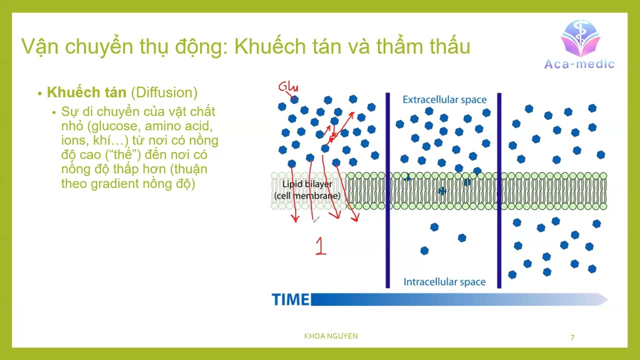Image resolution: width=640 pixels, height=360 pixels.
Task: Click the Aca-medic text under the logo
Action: click(x=579, y=64)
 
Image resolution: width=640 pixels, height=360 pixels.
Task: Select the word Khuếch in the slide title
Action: click(x=265, y=46)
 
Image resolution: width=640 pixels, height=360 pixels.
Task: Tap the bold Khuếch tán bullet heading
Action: click(x=86, y=92)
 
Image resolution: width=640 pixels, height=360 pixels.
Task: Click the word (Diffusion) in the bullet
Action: click(x=164, y=92)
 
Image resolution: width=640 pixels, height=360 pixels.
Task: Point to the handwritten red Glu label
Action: click(x=288, y=87)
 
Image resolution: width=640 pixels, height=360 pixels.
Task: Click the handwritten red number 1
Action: click(x=320, y=246)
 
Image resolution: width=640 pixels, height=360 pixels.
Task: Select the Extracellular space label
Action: click(x=444, y=99)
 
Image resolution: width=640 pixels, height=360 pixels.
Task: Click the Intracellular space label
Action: click(x=444, y=282)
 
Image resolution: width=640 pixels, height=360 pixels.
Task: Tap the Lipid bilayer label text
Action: click(x=307, y=184)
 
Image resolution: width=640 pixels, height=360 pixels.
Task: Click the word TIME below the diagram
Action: click(x=290, y=299)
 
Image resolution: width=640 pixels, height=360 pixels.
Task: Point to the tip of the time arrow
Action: click(x=605, y=299)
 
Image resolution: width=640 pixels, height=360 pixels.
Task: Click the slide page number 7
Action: click(x=572, y=337)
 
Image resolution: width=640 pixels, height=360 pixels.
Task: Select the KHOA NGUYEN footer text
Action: click(x=331, y=336)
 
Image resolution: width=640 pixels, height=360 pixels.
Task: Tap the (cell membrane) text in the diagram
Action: click(x=307, y=195)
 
